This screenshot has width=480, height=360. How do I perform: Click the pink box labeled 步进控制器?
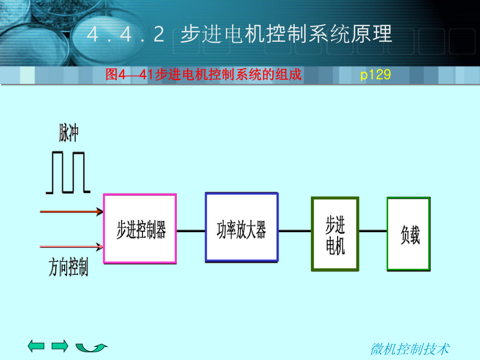[140, 228]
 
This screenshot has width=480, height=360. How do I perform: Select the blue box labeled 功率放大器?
[242, 227]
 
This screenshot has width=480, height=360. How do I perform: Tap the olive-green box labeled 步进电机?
[335, 234]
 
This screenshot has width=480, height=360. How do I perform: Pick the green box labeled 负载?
[409, 234]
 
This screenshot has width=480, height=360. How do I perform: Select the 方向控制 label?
[68, 268]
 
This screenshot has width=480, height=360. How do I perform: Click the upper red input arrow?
[71, 212]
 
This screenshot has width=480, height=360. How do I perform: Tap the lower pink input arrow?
[71, 245]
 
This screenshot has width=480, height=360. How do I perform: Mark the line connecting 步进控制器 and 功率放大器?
[191, 230]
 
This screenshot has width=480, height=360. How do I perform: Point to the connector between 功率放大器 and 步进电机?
[295, 230]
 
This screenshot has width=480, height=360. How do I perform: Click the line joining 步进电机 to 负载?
[373, 230]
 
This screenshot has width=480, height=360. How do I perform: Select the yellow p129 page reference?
[376, 75]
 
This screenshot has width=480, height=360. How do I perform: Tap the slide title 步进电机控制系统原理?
[286, 34]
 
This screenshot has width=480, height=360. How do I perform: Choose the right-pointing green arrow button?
[61, 345]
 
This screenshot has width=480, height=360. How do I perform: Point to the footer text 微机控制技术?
[410, 349]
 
